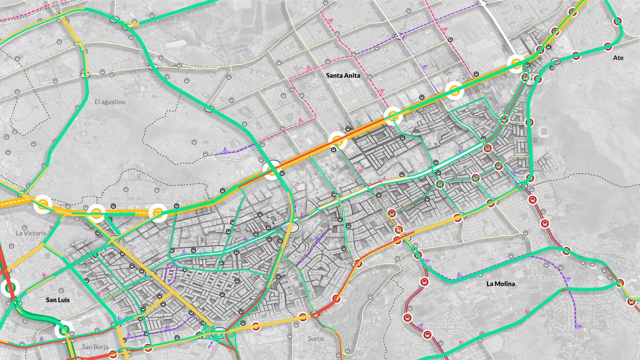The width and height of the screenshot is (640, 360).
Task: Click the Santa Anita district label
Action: (x=343, y=75)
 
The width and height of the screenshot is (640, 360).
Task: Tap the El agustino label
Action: (x=110, y=102)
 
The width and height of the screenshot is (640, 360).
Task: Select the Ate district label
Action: (x=618, y=58)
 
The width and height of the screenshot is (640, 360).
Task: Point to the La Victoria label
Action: (x=31, y=233)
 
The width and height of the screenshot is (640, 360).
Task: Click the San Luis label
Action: (x=58, y=300)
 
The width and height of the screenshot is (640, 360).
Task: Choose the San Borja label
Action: (x=95, y=347)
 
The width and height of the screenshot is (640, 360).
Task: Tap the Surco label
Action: (x=316, y=339)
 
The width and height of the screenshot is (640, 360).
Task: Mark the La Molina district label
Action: (x=500, y=284)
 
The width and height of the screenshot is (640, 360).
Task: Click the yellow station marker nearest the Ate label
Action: (x=516, y=64)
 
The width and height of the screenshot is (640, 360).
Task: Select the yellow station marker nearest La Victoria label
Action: (x=43, y=204)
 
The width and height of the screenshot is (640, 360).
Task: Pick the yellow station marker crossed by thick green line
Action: (x=272, y=171)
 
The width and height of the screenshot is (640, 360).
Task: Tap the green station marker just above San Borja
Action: (x=64, y=330)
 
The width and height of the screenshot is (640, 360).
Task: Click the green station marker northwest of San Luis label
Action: (x=10, y=288)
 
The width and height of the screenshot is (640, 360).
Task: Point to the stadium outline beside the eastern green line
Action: (x=544, y=131)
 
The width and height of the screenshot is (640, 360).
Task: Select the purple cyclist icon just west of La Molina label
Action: (x=460, y=275)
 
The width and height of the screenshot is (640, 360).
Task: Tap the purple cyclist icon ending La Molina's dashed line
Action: (x=579, y=327)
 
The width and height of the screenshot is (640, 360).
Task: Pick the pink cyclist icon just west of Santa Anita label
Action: (x=307, y=68)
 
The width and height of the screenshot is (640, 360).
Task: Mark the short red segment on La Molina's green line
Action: (x=564, y=290)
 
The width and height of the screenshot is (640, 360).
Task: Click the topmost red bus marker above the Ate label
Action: (x=617, y=21)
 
